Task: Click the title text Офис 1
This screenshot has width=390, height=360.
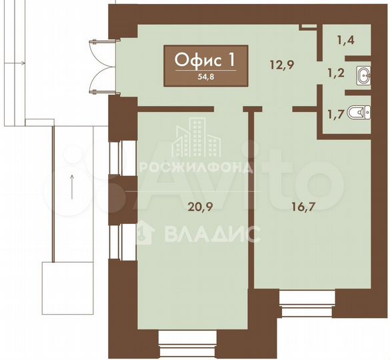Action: (x=205, y=60)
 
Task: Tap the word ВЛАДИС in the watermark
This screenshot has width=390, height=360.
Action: (x=207, y=233)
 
